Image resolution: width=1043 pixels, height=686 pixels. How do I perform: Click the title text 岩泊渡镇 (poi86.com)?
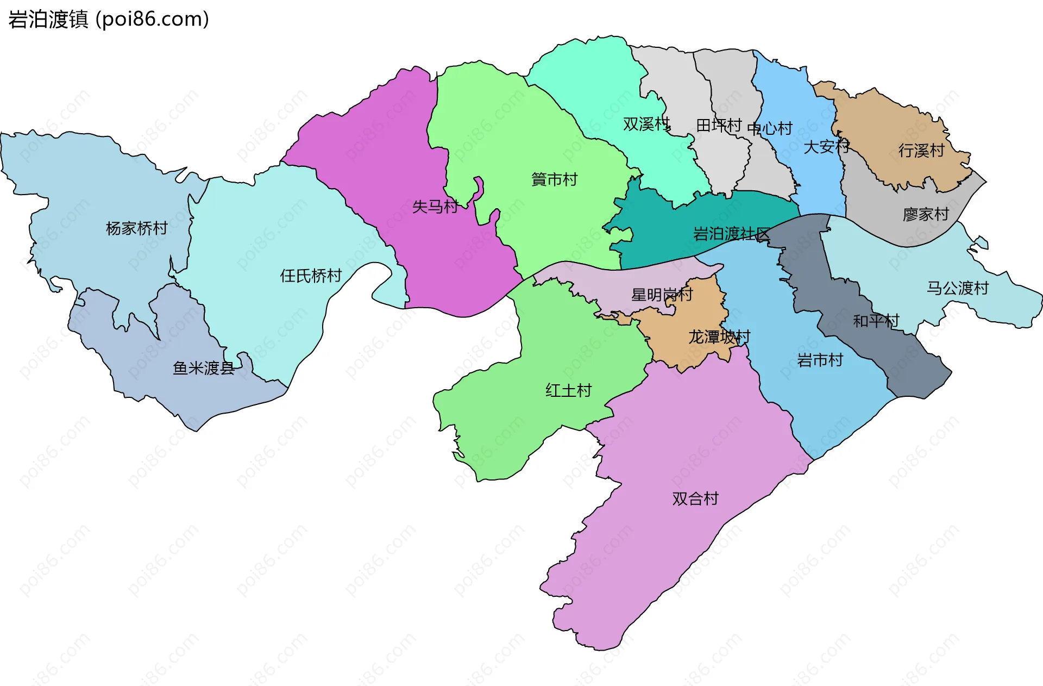[109, 20]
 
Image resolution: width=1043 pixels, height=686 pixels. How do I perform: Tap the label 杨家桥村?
[136, 228]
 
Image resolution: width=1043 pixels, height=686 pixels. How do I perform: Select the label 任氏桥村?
[311, 276]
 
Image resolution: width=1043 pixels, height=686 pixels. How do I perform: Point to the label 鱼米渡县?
[203, 369]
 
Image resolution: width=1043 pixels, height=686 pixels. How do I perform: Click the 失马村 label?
[435, 207]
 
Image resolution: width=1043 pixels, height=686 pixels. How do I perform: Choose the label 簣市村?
[554, 180]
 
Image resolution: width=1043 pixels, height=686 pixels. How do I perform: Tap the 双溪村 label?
[646, 124]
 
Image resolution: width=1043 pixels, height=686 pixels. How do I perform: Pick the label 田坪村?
[719, 126]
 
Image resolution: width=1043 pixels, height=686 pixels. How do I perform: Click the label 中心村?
[770, 129]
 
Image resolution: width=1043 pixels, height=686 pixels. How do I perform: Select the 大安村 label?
[826, 147]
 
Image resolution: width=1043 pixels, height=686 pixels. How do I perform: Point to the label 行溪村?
[921, 151]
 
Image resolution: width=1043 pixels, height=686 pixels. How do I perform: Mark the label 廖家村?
[926, 215]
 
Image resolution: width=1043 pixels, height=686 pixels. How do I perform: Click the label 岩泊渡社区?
[731, 234]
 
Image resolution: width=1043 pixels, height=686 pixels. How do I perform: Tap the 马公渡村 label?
[957, 288]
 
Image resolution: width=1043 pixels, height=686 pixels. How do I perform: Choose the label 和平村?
[876, 321]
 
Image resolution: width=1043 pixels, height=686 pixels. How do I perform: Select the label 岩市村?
[820, 360]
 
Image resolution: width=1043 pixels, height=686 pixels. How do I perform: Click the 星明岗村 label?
[662, 295]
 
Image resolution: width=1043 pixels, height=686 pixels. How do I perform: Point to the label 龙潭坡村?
[719, 338]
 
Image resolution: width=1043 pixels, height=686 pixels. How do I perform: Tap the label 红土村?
[568, 391]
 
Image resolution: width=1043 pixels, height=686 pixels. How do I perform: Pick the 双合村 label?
[695, 499]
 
